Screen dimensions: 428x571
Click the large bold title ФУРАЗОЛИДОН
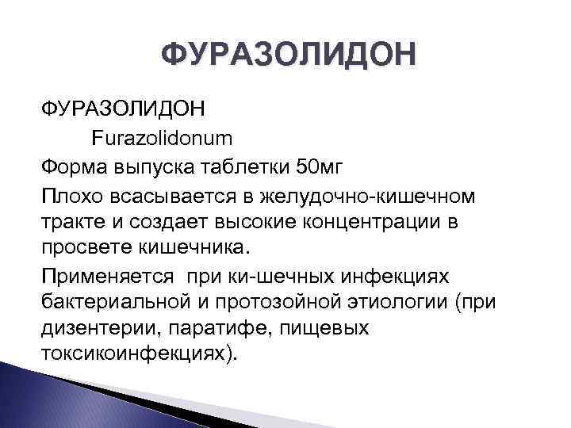click(x=286, y=55)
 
